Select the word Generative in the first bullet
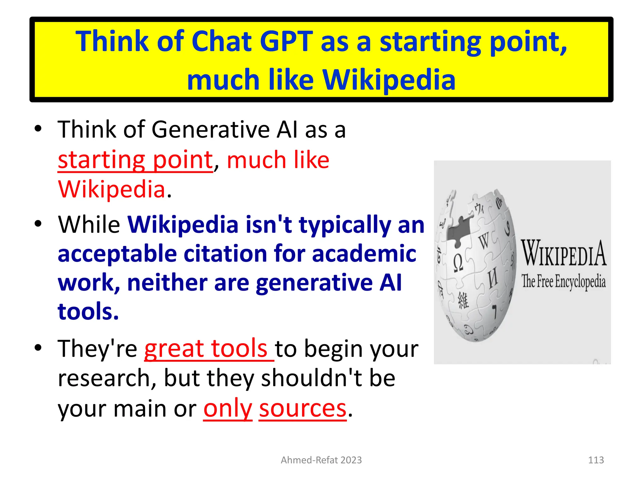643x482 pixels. [211, 130]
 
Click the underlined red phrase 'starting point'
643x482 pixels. [135, 160]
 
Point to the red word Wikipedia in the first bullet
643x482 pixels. [112, 190]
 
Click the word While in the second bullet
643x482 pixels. [89, 225]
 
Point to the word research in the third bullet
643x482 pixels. [107, 378]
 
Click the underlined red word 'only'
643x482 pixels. [228, 409]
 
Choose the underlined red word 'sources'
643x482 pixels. [303, 409]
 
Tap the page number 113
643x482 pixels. [596, 460]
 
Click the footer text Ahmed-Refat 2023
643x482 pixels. [321, 460]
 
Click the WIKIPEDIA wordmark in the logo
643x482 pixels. [564, 254]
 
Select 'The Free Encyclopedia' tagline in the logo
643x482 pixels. [564, 281]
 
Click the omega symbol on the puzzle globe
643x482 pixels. [458, 263]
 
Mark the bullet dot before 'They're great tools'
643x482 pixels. [38, 348]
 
